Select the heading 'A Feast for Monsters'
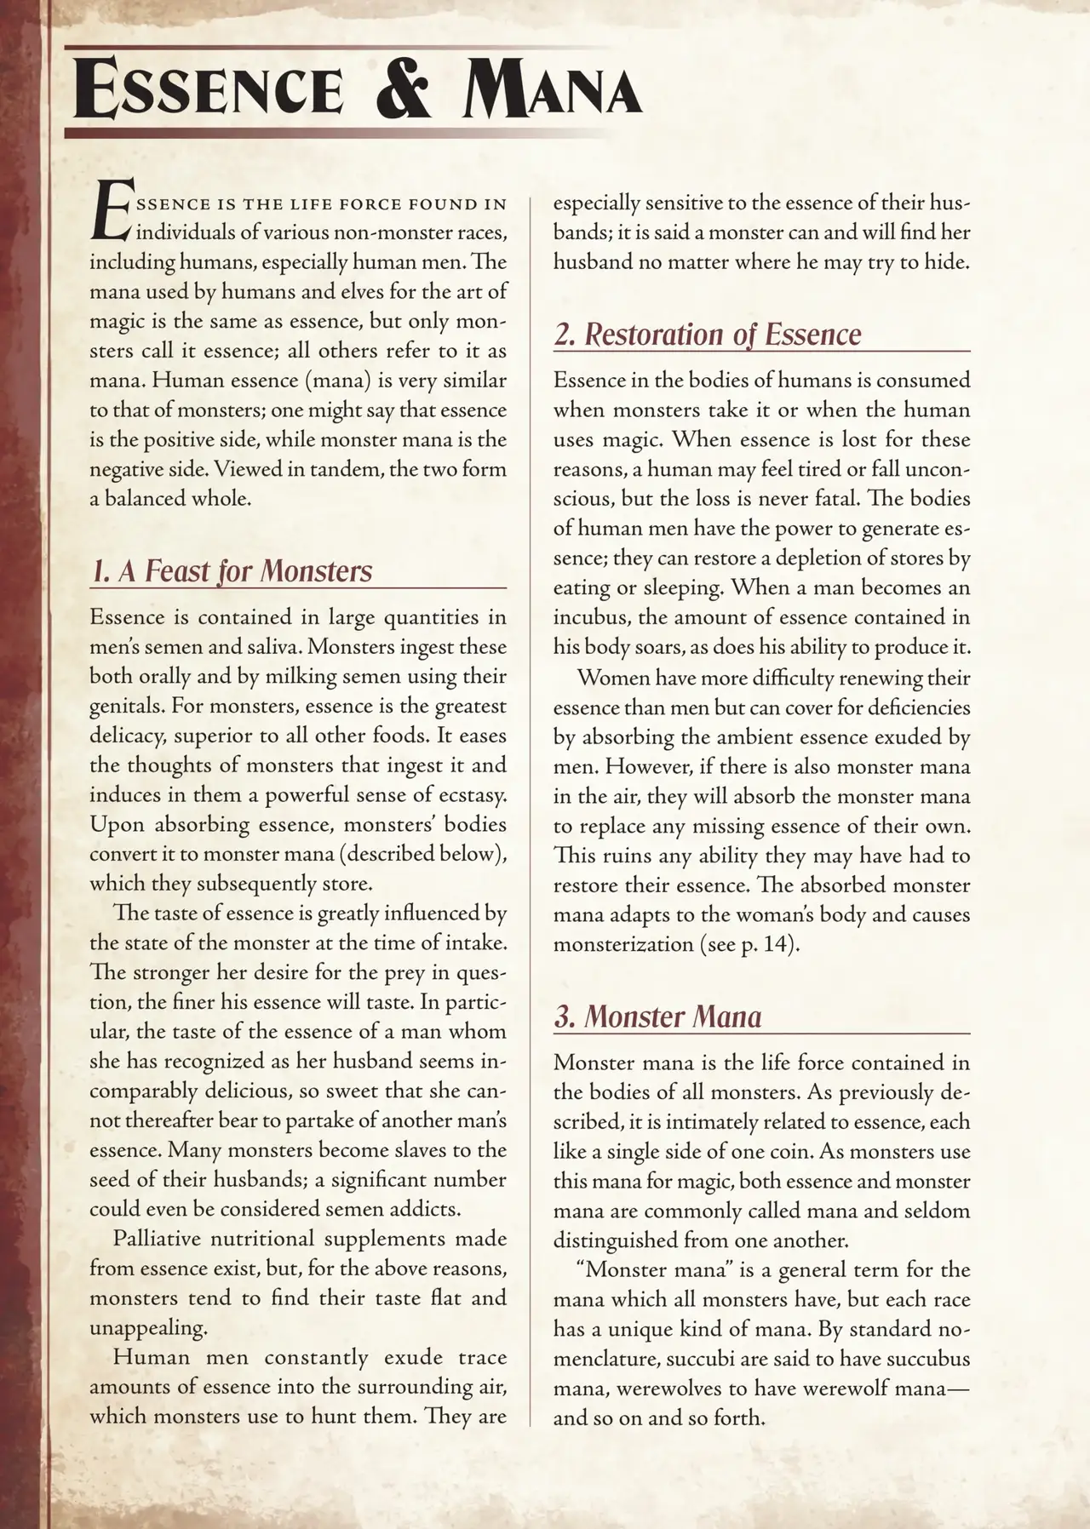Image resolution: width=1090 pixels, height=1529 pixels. point(231,570)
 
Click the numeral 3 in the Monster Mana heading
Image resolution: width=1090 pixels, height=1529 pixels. point(563,1016)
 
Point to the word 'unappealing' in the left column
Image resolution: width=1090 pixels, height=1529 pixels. point(147,1327)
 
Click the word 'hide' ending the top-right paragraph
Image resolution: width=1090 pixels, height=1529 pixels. point(947,261)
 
